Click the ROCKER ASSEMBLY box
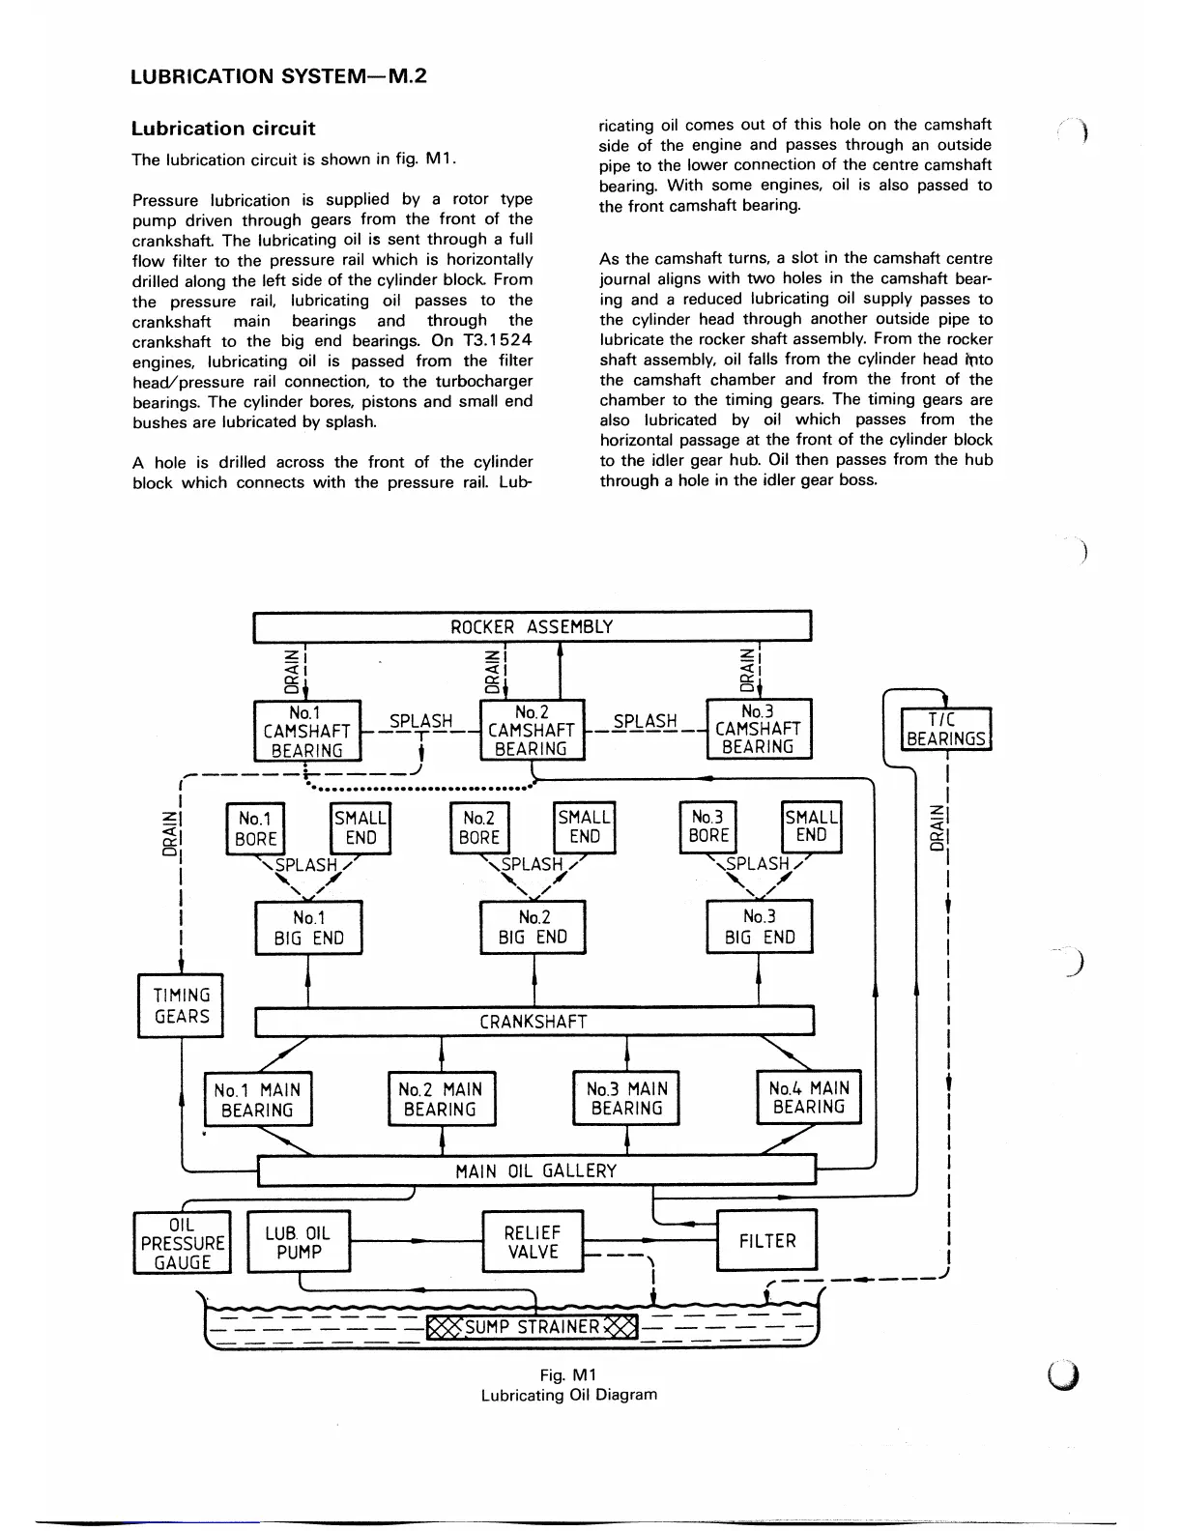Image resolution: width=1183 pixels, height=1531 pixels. point(532,626)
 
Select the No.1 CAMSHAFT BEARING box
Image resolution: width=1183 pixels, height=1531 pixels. point(307,732)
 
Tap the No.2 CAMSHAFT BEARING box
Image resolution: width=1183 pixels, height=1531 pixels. point(532,731)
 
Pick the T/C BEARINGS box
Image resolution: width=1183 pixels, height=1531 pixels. point(945,729)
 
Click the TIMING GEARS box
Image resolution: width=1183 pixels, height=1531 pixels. point(181,1006)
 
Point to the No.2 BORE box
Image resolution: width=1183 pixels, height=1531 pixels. point(479,828)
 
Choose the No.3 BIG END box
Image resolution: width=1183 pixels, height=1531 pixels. point(760,927)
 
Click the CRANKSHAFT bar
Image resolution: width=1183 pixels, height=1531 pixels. point(534,1022)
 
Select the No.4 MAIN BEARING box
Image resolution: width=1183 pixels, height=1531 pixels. point(808,1098)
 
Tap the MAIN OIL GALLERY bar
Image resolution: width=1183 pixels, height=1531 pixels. point(536,1171)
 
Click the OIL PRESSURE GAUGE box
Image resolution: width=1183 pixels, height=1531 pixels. point(183,1244)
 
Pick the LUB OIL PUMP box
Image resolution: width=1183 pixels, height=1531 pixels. point(298,1242)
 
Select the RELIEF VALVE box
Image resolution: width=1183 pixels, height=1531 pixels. point(533,1242)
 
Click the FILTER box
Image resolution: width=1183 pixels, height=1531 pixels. point(766,1241)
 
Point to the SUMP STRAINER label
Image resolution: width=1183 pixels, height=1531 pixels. point(533,1326)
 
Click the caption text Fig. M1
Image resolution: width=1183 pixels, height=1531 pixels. point(568,1374)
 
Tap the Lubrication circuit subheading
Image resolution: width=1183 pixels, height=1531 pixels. point(223,129)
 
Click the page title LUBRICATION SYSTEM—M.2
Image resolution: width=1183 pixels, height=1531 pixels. point(278,76)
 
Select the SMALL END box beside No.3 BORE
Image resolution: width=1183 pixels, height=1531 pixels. point(811,827)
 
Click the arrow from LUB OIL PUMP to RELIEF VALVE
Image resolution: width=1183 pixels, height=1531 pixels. point(416,1240)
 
